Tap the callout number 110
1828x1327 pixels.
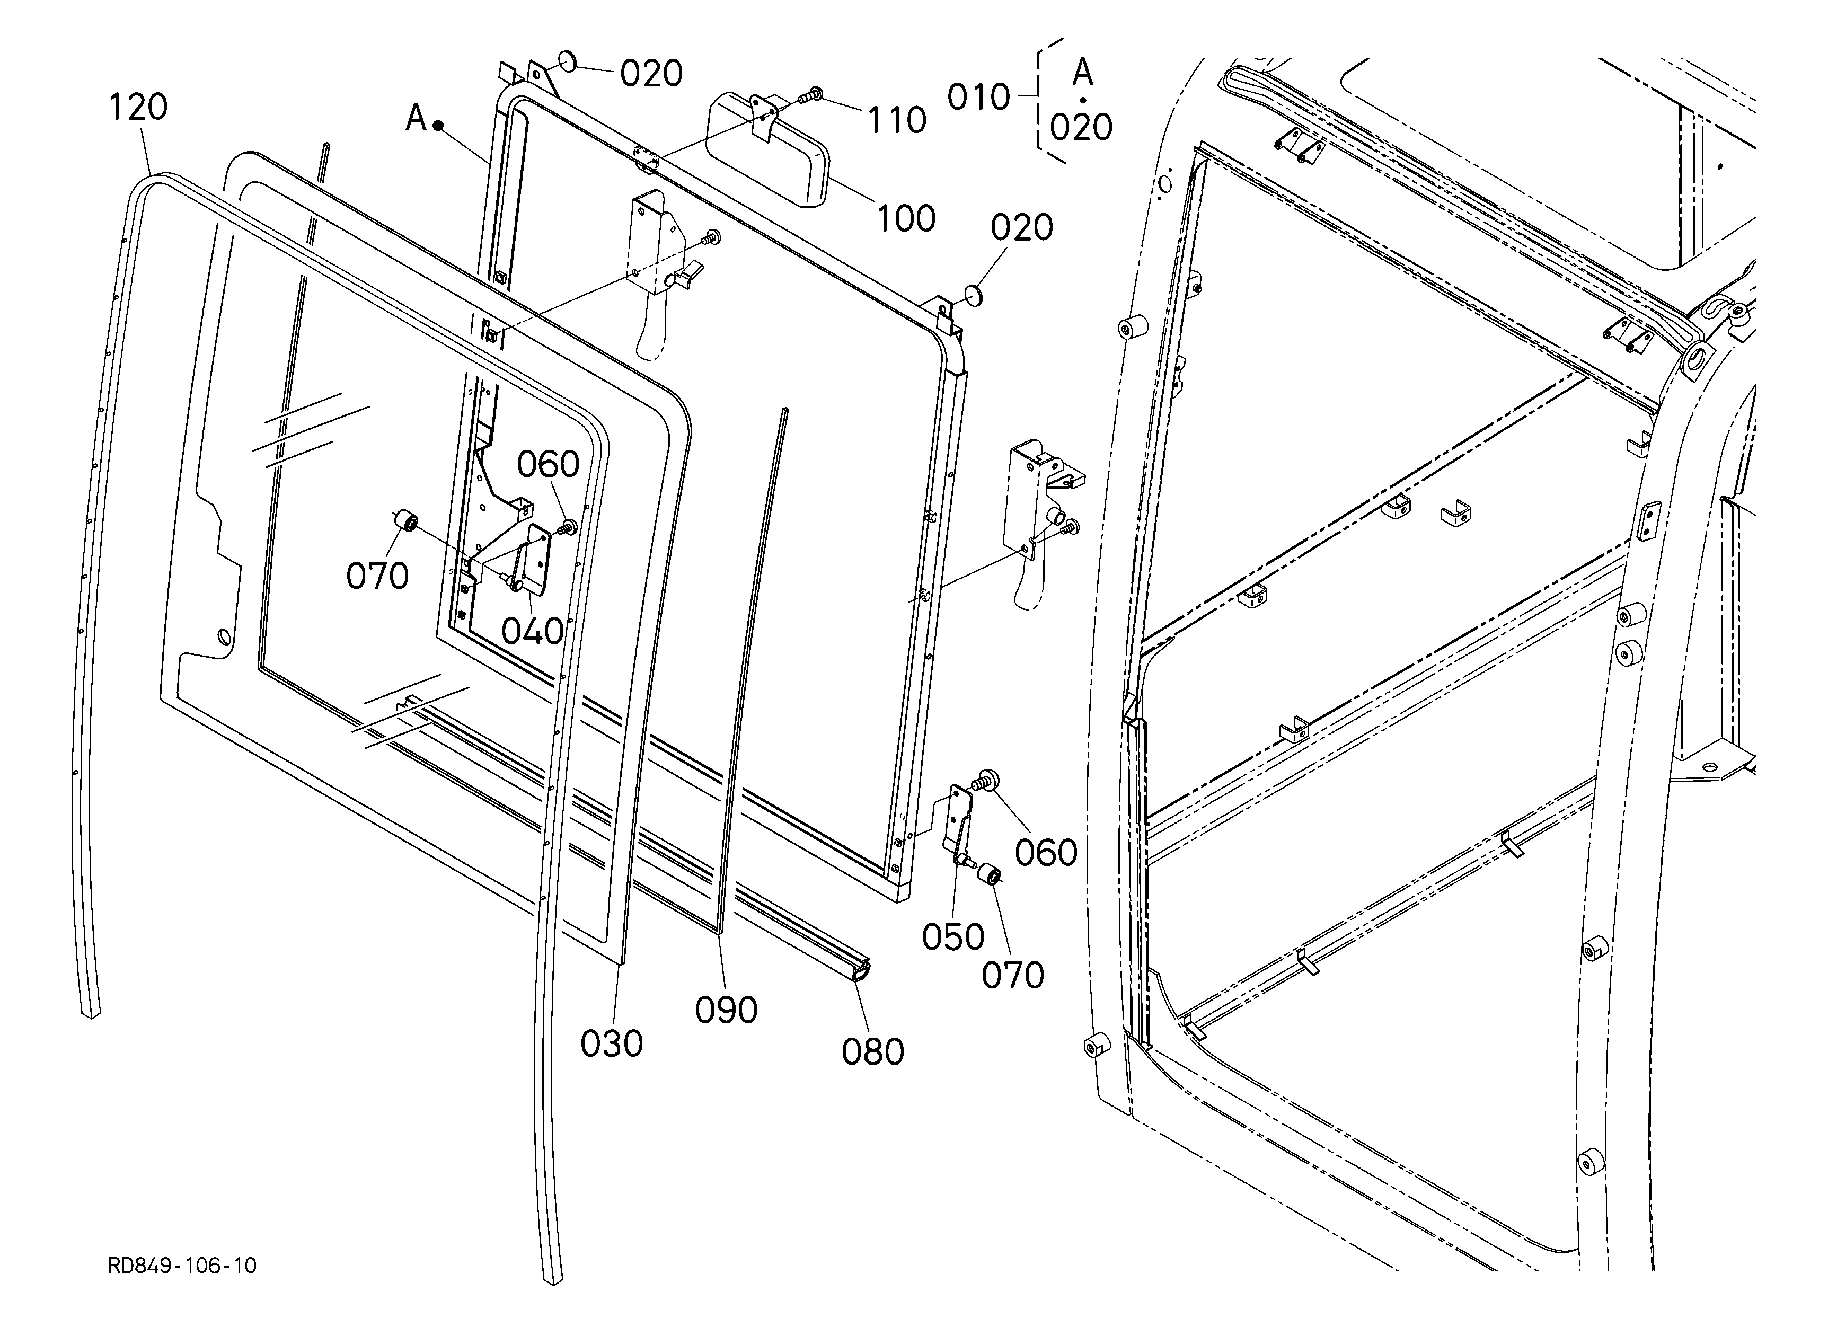pos(896,120)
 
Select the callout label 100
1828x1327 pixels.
pos(906,218)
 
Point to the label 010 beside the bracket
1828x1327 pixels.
pos(978,98)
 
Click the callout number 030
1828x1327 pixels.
pos(612,1043)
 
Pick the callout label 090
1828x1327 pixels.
pos(726,1010)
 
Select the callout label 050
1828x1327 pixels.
pos(953,937)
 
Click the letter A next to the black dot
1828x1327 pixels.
pos(416,118)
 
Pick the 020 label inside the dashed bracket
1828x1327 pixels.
pos(1081,127)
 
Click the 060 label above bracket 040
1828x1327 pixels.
pos(548,464)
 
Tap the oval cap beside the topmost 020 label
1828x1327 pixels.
pos(568,61)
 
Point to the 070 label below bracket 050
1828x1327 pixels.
pos(1012,976)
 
